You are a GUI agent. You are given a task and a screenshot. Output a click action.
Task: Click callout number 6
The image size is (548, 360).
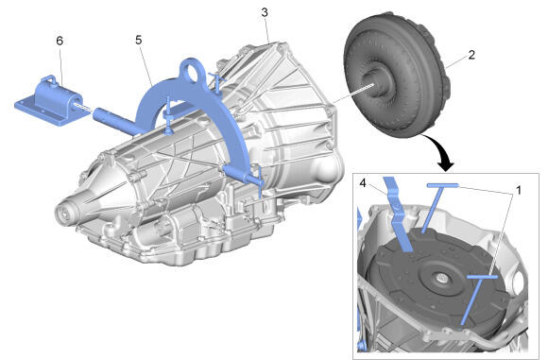pos(60,41)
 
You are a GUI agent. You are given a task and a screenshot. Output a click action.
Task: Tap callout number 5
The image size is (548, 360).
pos(139,41)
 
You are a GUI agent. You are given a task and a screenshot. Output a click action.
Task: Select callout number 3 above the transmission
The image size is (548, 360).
pos(265,12)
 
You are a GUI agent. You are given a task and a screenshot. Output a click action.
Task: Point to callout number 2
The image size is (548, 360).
pos(471,55)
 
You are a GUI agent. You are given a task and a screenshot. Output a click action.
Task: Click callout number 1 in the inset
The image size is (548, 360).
pos(519,190)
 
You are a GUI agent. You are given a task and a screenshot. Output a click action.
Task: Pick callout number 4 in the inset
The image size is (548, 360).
pos(363,182)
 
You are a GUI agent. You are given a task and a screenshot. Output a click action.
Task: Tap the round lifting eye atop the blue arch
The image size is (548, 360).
pos(192,71)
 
